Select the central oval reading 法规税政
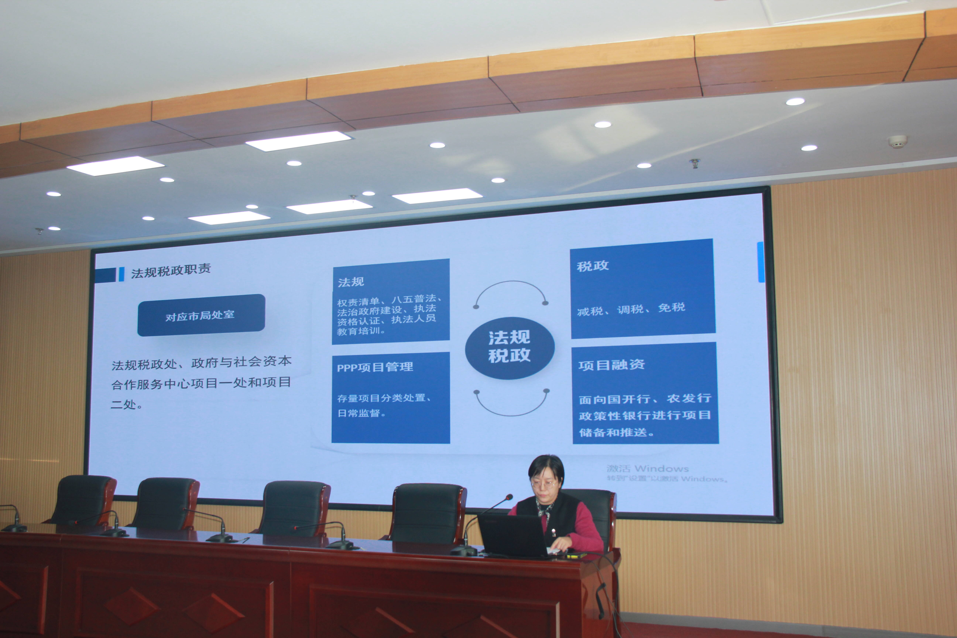(510, 348)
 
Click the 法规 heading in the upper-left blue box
(351, 282)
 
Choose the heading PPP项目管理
(375, 367)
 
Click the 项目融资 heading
(612, 365)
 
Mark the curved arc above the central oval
(511, 282)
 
